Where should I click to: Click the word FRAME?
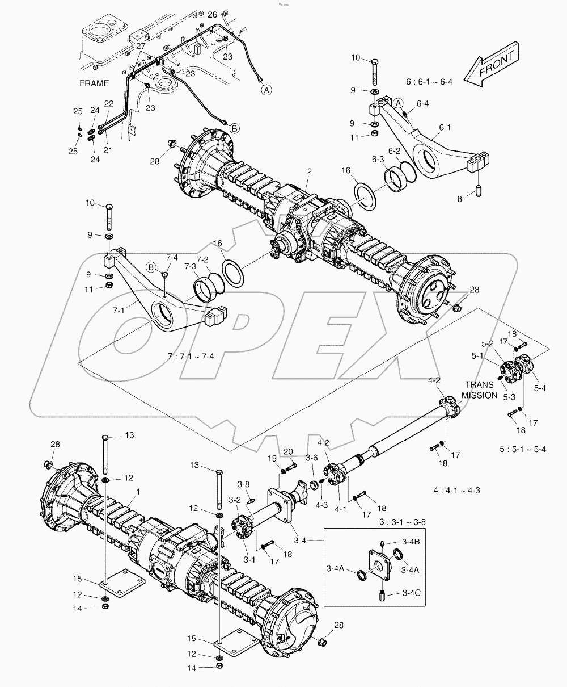pyautogui.click(x=94, y=83)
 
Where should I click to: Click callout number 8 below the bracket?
pyautogui.click(x=460, y=199)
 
